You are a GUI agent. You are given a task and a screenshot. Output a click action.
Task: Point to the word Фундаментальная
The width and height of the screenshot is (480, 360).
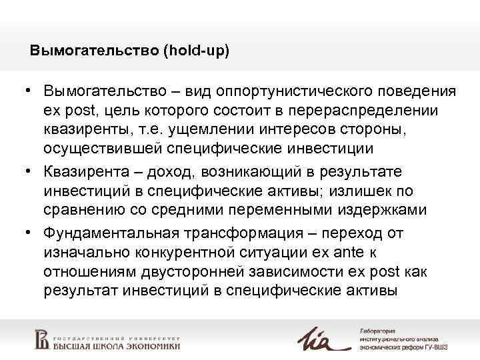pyautogui.click(x=110, y=233)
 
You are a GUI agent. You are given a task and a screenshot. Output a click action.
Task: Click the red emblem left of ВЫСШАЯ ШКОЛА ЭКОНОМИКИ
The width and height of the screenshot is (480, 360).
pyautogui.click(x=41, y=339)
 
